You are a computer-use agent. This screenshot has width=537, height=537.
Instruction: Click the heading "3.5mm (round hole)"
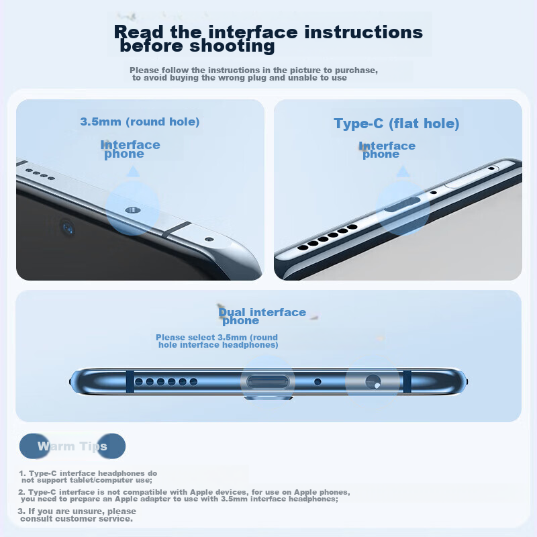tap(140, 122)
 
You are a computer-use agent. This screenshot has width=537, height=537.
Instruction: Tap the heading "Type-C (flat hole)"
tap(397, 124)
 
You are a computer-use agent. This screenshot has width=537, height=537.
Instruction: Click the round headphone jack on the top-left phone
tap(132, 210)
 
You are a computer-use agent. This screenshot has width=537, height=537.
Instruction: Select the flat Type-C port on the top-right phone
tap(402, 204)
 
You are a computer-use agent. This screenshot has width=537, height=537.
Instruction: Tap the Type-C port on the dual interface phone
tap(268, 381)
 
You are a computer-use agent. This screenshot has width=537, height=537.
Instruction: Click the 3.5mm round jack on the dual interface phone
tap(373, 382)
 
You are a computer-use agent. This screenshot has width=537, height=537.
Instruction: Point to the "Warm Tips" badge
tap(72, 446)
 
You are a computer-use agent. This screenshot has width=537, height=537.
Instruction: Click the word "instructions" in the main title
tap(364, 32)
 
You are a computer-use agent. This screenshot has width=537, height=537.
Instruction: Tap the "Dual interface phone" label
tap(262, 315)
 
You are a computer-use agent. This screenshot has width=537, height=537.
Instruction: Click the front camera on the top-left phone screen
tap(68, 228)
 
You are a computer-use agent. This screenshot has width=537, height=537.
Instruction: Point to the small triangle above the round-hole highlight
tap(133, 171)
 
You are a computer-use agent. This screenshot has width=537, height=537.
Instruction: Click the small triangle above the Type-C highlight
tap(403, 171)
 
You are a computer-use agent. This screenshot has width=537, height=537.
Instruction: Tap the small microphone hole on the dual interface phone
tap(318, 381)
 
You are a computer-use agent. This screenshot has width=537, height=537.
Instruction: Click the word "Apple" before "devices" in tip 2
tap(201, 492)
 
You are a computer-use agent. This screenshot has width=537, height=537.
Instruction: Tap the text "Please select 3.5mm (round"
tap(217, 338)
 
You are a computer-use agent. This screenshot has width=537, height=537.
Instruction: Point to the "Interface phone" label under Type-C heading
tap(387, 150)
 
